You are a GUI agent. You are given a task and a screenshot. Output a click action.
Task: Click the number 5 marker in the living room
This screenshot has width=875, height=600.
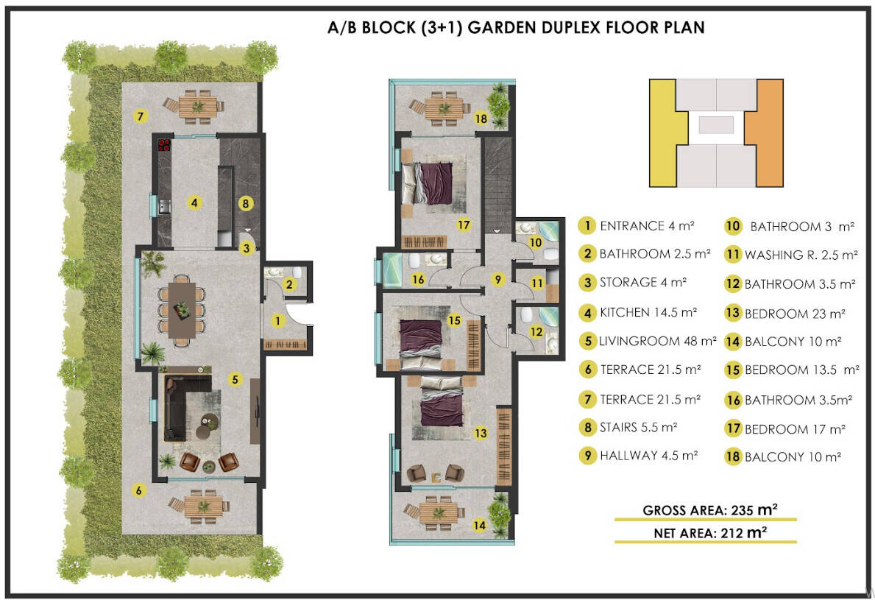tap(235, 380)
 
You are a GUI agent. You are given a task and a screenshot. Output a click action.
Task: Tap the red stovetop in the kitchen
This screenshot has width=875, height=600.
tap(163, 145)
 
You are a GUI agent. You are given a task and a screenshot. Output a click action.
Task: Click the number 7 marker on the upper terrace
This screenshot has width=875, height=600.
tap(140, 116)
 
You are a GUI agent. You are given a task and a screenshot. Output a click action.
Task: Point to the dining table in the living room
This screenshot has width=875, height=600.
tap(182, 310)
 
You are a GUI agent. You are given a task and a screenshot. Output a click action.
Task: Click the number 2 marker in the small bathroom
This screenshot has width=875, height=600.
tap(289, 285)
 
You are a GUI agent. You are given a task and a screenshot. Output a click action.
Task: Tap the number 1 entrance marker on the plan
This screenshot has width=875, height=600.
tap(277, 321)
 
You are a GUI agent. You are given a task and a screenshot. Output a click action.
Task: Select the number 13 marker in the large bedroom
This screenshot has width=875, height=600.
tap(481, 433)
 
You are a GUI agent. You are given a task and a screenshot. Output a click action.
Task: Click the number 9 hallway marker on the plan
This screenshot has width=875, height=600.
tap(497, 279)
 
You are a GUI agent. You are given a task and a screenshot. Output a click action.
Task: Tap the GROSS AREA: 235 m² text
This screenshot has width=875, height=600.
tap(710, 510)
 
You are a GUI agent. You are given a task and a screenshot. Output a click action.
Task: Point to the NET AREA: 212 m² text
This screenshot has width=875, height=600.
tap(710, 533)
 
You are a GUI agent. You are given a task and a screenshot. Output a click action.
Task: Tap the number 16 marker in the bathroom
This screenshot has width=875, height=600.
tap(418, 279)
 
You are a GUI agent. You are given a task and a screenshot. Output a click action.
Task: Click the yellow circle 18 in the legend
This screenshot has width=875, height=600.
tap(733, 456)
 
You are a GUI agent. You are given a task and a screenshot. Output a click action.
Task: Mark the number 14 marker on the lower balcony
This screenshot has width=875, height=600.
tap(479, 525)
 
